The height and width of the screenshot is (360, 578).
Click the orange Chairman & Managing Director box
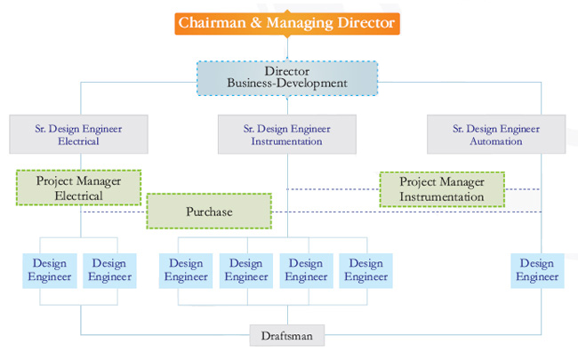pyautogui.click(x=287, y=24)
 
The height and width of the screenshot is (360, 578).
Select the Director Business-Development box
pyautogui.click(x=287, y=78)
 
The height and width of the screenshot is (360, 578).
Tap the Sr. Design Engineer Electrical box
pyautogui.click(x=78, y=134)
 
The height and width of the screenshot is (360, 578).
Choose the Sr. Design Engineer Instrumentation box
pyautogui.click(x=287, y=134)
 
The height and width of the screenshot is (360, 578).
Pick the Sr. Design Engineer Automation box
pyautogui.click(x=496, y=134)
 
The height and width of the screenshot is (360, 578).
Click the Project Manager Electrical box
pyautogui.click(x=78, y=188)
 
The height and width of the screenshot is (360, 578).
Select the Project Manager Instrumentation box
pyautogui.click(x=442, y=189)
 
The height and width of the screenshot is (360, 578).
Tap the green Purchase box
pyautogui.click(x=209, y=212)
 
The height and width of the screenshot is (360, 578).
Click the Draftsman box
pyautogui.click(x=287, y=335)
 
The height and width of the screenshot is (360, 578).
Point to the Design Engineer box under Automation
pyautogui.click(x=537, y=270)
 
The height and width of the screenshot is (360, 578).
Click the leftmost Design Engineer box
pyautogui.click(x=50, y=270)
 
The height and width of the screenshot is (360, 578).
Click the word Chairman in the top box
pyautogui.click(x=212, y=23)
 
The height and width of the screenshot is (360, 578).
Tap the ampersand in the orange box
pyautogui.click(x=256, y=23)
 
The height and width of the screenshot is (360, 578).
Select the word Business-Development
pyautogui.click(x=287, y=84)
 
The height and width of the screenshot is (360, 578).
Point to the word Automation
pyautogui.click(x=496, y=141)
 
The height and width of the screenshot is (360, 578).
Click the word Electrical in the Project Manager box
pyautogui.click(x=78, y=196)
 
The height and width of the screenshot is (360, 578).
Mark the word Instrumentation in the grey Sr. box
pyautogui.click(x=287, y=141)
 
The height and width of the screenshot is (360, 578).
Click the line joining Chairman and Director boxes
pyautogui.click(x=287, y=48)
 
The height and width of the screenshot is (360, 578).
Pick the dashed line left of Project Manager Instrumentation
pyautogui.click(x=333, y=189)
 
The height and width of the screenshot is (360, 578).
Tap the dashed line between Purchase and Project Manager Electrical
pyautogui.click(x=114, y=212)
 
